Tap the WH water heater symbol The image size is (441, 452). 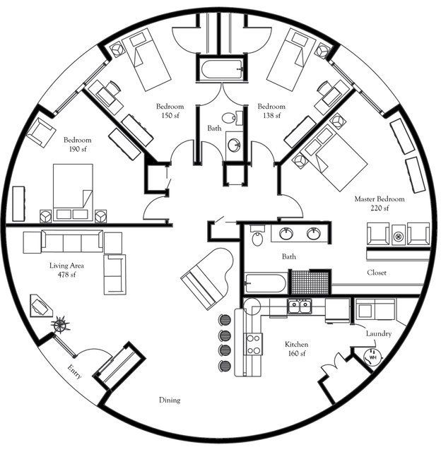click(x=371, y=357)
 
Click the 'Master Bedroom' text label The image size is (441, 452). click(x=380, y=200)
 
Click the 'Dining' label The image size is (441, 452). click(x=170, y=400)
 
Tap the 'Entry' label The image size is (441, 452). click(x=75, y=371)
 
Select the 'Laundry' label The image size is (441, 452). click(x=379, y=333)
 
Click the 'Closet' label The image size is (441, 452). click(x=376, y=273)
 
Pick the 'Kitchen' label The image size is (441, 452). click(x=296, y=344)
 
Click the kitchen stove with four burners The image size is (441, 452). click(x=252, y=345)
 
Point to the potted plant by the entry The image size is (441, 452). click(x=61, y=326)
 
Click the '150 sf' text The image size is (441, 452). click(x=169, y=115)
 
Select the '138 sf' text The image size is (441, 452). click(x=271, y=115)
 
